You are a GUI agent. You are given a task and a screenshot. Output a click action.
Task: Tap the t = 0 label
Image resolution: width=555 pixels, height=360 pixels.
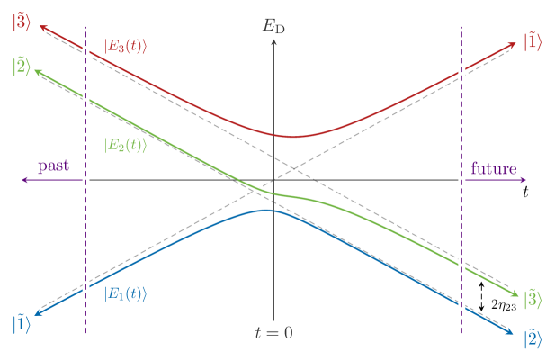pos(273,332)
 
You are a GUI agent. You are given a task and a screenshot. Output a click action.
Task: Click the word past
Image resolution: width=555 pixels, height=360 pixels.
pos(53,167)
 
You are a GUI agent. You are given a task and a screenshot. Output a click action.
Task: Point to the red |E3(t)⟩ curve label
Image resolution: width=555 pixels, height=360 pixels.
pos(125,45)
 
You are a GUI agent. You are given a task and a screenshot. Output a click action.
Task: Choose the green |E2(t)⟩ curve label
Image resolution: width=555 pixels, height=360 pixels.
pos(125,144)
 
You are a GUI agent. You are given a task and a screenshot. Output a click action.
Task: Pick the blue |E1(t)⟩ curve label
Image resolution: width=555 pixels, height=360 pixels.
pos(125,293)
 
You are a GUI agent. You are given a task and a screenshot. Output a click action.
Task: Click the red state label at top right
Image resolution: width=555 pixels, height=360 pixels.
pos(533,42)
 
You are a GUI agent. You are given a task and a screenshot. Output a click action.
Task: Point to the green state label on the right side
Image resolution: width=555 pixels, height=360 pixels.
pos(533,297)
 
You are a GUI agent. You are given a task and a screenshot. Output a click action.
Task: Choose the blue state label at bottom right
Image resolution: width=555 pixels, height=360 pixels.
pos(533,338)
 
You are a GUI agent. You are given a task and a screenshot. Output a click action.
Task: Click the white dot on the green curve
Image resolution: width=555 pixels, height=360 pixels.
pos(256,189)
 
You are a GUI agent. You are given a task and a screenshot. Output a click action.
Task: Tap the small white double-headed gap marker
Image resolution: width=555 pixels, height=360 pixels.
pos(482,296)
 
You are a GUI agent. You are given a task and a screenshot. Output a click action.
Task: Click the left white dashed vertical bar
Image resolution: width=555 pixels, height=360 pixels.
pos(85,180)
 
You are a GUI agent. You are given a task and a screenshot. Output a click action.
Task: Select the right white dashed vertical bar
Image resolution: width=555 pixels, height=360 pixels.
pos(461,180)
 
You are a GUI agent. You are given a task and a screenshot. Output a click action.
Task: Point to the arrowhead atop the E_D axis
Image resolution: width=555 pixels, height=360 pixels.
pos(273,40)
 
